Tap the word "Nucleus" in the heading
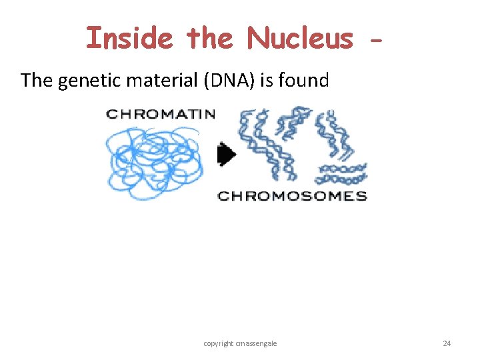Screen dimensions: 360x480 [x=300, y=38]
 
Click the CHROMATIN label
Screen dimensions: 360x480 [x=161, y=114]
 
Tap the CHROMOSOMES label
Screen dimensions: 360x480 [x=292, y=196]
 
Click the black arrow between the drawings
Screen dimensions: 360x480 [x=227, y=155]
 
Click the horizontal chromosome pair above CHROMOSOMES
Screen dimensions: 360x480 [x=341, y=174]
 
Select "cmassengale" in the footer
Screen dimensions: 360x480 [x=261, y=343]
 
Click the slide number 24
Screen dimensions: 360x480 [x=447, y=343]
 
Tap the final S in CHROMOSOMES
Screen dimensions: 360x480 [x=362, y=196]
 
